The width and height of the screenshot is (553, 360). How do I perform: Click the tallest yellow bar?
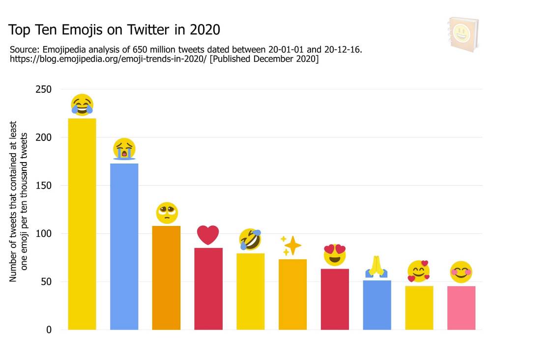click(82, 223)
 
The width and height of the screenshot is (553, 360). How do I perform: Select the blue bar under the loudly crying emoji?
click(124, 246)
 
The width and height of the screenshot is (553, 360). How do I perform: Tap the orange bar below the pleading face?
click(166, 277)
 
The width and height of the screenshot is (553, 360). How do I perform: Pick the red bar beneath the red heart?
click(208, 288)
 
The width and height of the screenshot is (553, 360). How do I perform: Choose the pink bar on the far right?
click(461, 307)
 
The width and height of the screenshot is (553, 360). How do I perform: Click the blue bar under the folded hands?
click(377, 305)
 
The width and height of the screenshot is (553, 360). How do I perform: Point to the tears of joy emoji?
click(82, 105)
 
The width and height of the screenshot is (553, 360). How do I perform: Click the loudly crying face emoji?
click(124, 149)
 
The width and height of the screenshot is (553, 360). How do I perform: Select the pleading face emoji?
click(167, 213)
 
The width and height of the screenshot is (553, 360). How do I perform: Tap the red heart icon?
click(208, 235)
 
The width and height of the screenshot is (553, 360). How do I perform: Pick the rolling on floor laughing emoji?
click(250, 239)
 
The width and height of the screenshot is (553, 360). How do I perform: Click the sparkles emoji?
click(291, 245)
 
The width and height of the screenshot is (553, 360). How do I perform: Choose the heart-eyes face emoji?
click(335, 254)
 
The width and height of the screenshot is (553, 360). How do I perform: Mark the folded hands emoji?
click(377, 267)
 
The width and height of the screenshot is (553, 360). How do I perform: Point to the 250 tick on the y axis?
click(44, 89)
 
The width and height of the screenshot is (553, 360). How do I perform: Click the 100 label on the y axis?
click(44, 234)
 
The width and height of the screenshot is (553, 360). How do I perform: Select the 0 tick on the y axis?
click(49, 330)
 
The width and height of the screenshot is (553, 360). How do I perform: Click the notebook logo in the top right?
click(463, 34)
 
